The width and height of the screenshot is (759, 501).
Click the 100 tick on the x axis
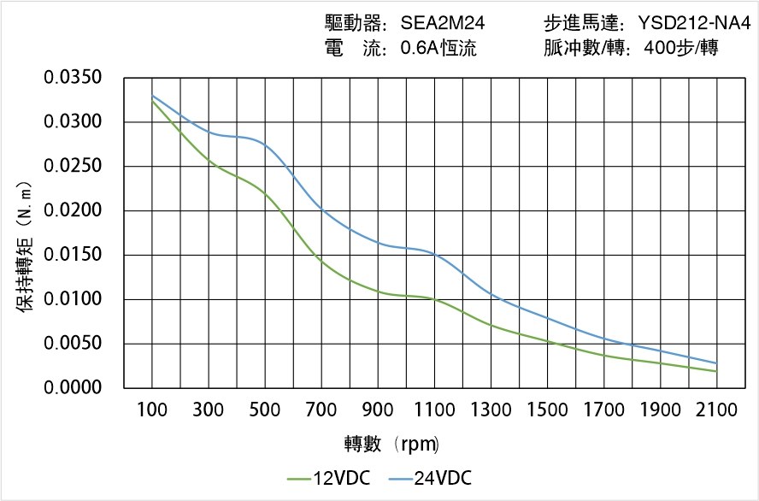click(153, 410)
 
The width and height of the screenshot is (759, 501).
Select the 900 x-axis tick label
click(379, 410)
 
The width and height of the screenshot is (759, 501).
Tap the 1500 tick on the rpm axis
click(548, 410)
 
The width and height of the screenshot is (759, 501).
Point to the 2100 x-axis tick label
click(716, 410)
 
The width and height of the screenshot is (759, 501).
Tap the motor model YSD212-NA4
click(695, 23)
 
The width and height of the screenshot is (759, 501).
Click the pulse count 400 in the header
click(661, 49)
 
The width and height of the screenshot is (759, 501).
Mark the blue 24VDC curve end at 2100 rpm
click(716, 363)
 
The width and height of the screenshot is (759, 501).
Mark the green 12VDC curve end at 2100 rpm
click(716, 371)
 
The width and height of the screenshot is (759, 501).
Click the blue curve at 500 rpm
click(266, 146)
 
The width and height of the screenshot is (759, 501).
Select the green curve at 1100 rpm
click(435, 300)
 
